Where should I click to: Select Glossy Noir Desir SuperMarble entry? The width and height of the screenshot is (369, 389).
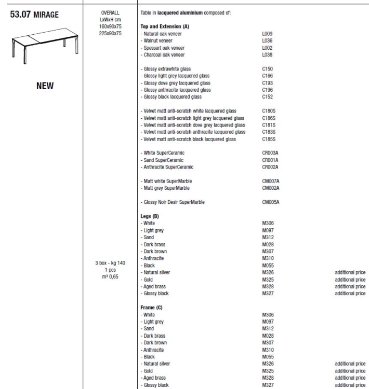click(x=174, y=202)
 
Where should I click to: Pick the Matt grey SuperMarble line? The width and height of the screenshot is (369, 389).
click(x=166, y=188)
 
